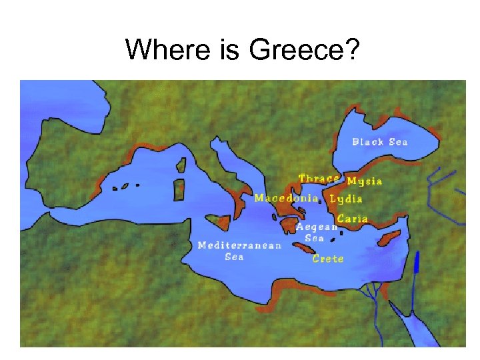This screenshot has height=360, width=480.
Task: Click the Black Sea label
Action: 380,142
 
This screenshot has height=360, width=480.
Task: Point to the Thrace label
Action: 319,179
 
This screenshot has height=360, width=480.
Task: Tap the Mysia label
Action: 365,181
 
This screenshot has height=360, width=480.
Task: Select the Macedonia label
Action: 285,198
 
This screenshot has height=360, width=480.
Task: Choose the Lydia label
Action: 346,199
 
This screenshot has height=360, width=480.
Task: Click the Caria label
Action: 353,219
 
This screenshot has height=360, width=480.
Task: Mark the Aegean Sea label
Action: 317,232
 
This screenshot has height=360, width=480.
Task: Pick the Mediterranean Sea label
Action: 239,251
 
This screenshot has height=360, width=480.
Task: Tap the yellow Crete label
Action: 328,259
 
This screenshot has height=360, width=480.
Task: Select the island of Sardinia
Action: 179,189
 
